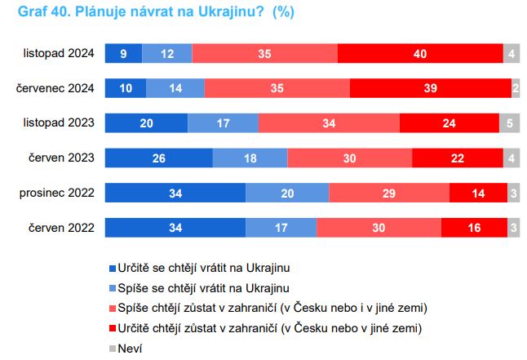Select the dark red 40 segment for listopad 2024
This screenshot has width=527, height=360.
[419, 53]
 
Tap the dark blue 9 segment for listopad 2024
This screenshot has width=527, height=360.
[123, 53]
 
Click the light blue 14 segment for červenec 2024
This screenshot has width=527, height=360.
[175, 88]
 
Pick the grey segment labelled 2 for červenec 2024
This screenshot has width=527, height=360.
[516, 88]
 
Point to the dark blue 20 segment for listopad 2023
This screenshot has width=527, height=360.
[146, 122]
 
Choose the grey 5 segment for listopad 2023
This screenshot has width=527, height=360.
[509, 122]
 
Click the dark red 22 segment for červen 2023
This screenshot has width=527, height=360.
[458, 158]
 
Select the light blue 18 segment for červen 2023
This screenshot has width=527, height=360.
[250, 158]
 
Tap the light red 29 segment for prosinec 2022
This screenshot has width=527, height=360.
[389, 193]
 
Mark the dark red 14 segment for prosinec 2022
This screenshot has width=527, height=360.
[478, 193]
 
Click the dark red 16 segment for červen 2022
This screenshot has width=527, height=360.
[474, 228]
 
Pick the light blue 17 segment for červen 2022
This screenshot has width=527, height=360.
[281, 228]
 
